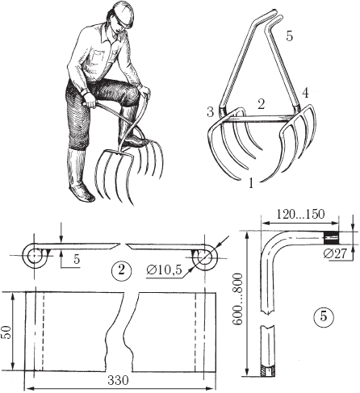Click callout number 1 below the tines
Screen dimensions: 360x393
pyautogui.click(x=251, y=183)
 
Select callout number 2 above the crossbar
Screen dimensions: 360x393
pyautogui.click(x=261, y=104)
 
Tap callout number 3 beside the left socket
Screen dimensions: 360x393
pyautogui.click(x=210, y=111)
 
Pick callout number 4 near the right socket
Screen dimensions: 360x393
pyautogui.click(x=305, y=93)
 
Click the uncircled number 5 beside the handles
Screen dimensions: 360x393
pyautogui.click(x=290, y=36)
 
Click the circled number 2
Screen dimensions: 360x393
pyautogui.click(x=122, y=270)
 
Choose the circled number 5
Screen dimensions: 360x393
pyautogui.click(x=324, y=316)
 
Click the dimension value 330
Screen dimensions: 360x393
pyautogui.click(x=119, y=380)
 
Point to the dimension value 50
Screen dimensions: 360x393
pyautogui.click(x=7, y=332)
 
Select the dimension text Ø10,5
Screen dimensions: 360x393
pyautogui.click(x=165, y=270)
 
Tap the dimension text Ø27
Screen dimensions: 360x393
pyautogui.click(x=335, y=253)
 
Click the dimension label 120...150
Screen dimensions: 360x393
pyautogui.click(x=300, y=214)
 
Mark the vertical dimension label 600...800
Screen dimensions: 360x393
pyautogui.click(x=237, y=299)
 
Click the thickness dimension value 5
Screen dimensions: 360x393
pyautogui.click(x=77, y=259)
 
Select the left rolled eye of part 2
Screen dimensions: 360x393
pyautogui.click(x=34, y=256)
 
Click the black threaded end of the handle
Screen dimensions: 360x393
pyautogui.click(x=331, y=237)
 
